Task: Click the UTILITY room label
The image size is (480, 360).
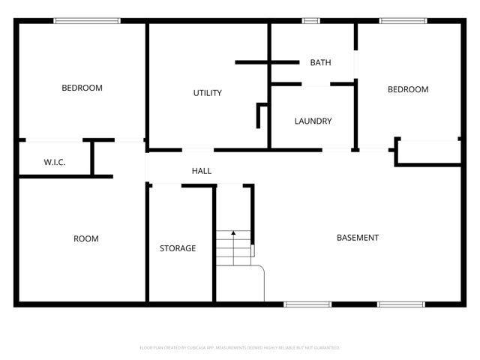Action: click(x=207, y=93)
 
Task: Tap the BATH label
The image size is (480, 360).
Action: click(x=320, y=62)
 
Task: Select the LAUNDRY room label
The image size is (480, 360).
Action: click(x=313, y=121)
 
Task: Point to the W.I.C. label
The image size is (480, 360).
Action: click(x=55, y=162)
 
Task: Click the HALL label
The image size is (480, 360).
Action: click(x=201, y=171)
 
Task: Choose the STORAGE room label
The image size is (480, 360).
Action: click(x=178, y=248)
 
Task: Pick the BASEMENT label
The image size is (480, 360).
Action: click(x=357, y=238)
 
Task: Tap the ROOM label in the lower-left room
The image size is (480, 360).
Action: click(x=85, y=238)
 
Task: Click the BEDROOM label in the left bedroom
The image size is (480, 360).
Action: click(x=82, y=88)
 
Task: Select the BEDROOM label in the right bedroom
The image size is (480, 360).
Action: click(x=407, y=89)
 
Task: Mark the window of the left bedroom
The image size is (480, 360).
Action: click(x=87, y=21)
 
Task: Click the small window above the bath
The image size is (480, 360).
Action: click(x=310, y=21)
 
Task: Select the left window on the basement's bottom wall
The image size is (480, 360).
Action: click(x=307, y=304)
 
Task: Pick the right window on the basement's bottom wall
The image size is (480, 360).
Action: click(x=400, y=304)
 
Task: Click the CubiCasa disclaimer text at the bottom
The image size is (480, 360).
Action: click(x=240, y=348)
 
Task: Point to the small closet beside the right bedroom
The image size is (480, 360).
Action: click(x=428, y=151)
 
